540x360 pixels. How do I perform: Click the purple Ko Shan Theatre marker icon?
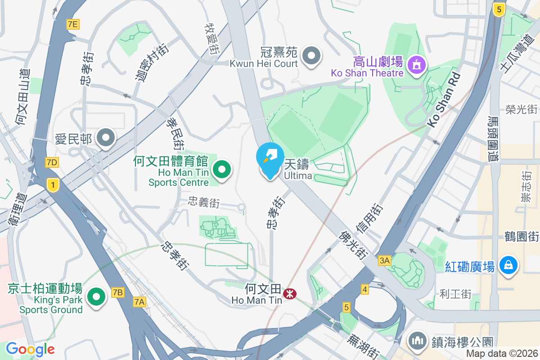416,65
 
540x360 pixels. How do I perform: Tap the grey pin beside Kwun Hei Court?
311,57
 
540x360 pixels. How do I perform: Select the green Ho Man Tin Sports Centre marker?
221,170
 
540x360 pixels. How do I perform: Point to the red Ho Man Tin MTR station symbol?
289,294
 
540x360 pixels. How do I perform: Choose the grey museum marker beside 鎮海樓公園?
418,341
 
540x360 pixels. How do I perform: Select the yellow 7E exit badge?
72,24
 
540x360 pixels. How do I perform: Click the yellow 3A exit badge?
384,261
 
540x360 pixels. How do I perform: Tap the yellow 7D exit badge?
52,162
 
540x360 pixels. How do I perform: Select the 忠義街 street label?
204,203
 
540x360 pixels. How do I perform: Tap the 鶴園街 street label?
522,236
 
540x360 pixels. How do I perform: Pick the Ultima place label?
297,175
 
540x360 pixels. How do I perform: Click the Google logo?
30,349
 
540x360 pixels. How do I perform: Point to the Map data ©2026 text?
501,353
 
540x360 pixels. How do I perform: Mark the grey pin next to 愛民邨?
107,139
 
